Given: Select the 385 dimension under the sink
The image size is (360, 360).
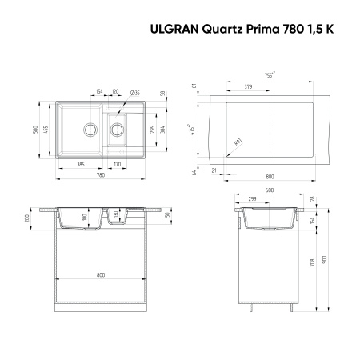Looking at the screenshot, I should pyautogui.click(x=81, y=164).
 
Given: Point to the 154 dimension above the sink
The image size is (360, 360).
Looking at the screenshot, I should pyautogui.click(x=99, y=92).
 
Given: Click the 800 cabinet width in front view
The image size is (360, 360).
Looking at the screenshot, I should pyautogui.click(x=101, y=275).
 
